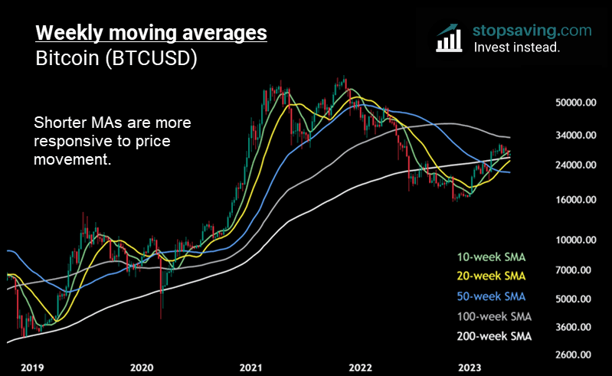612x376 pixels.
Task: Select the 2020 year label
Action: pyautogui.click(x=142, y=367)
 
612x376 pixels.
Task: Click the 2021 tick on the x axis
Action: pyautogui.click(x=251, y=367)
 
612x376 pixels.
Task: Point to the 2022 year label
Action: pyautogui.click(x=361, y=367)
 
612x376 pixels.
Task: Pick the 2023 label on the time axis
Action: pyautogui.click(x=469, y=367)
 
